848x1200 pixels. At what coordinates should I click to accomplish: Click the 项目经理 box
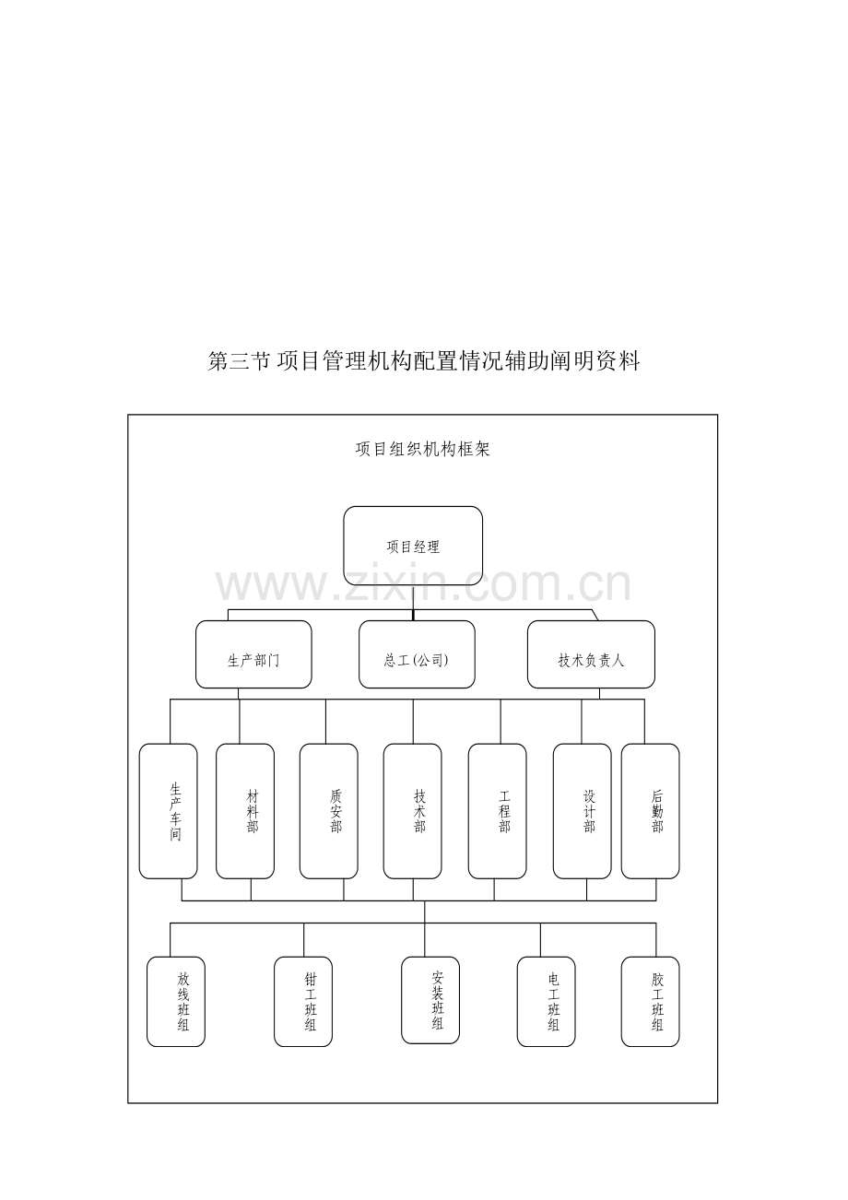413,546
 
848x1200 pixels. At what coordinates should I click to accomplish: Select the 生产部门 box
253,654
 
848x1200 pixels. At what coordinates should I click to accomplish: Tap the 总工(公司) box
417,654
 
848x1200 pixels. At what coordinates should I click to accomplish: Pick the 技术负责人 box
591,654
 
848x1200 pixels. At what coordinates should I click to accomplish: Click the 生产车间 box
168,811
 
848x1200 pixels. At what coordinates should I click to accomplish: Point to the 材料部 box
245,811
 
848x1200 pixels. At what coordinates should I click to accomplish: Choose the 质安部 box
328,811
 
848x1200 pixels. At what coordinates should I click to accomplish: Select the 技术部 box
413,811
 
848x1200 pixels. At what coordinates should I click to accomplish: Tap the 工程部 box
497,811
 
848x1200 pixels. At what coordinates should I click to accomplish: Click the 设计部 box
582,811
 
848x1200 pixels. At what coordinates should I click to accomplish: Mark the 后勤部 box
651,811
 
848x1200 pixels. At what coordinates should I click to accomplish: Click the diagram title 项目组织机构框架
423,449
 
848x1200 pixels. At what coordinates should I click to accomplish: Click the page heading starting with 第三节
424,361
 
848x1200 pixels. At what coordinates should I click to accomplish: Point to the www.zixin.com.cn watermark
423,584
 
